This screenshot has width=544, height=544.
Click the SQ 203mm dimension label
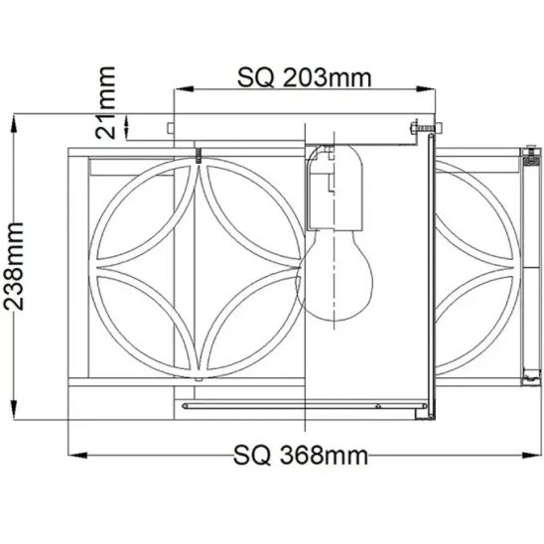click(305, 77)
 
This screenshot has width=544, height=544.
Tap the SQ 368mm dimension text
click(301, 456)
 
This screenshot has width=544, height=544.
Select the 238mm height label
click(14, 266)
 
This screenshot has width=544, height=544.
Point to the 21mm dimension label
click(105, 102)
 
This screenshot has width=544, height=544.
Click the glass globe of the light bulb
click(335, 276)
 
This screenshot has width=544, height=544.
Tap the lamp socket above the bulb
click(335, 188)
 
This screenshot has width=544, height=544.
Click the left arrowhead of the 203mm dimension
click(184, 88)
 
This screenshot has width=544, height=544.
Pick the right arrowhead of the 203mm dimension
click(425, 88)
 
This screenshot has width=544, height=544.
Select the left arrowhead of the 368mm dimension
click(77, 456)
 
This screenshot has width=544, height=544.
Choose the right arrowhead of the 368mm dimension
click(531, 456)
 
